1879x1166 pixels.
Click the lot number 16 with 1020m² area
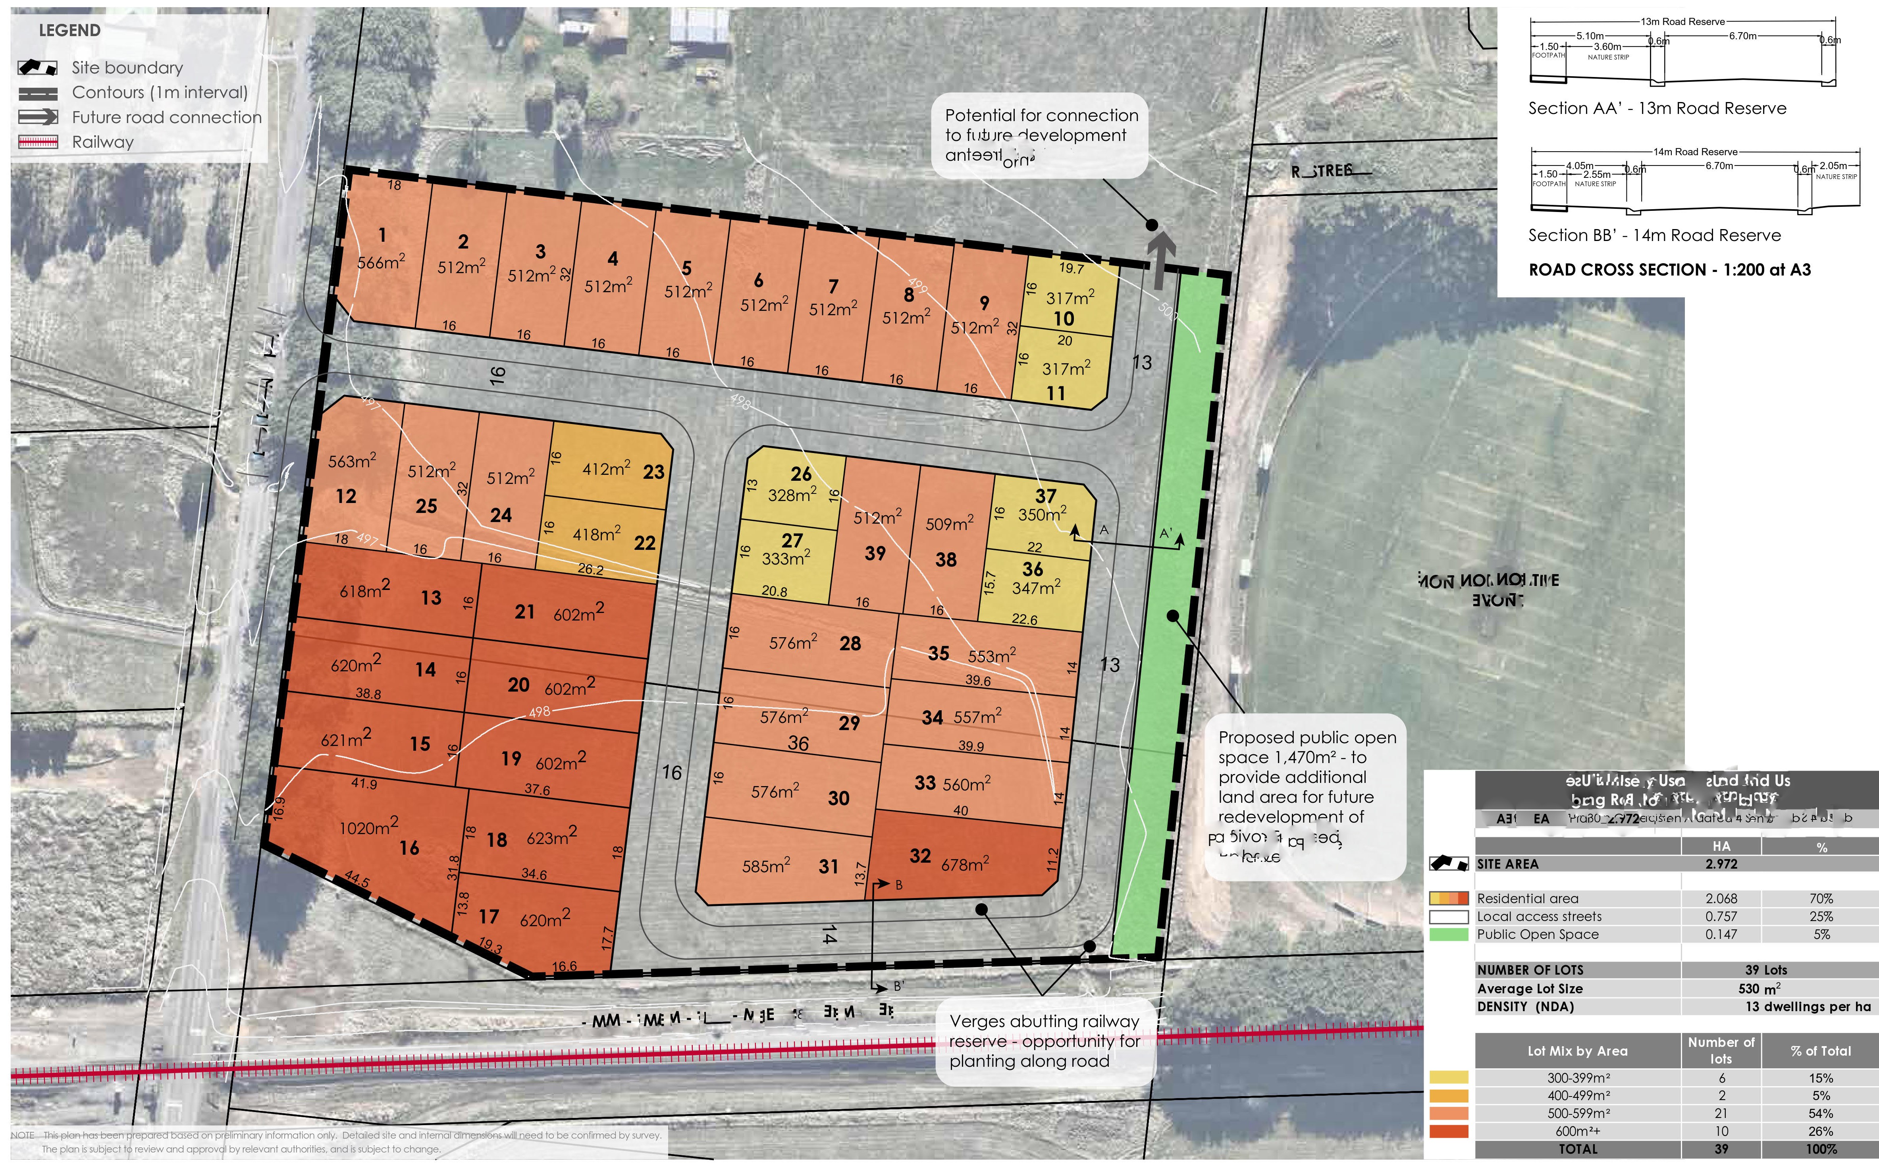[x=409, y=848]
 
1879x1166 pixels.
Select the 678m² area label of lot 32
[x=965, y=864]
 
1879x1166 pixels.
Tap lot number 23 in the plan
[x=653, y=472]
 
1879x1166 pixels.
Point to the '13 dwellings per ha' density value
[x=1807, y=1006]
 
